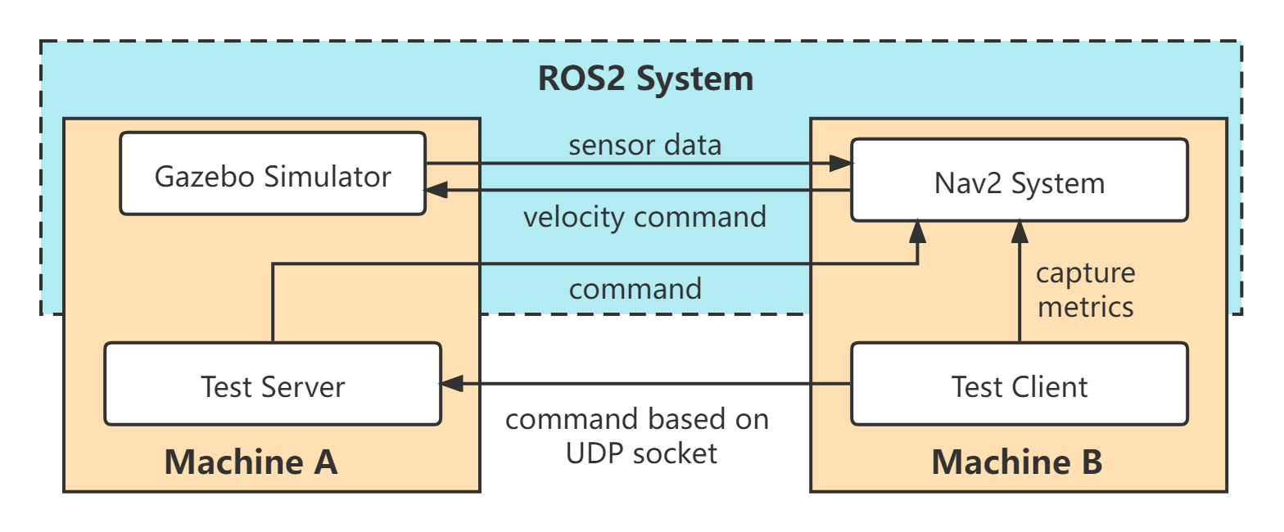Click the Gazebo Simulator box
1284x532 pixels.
(x=273, y=174)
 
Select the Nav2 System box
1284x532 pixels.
(x=1020, y=180)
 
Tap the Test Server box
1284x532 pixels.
(x=273, y=384)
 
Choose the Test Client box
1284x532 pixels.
(x=1020, y=384)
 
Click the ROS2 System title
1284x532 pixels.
(x=645, y=79)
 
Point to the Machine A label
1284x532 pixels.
(x=251, y=462)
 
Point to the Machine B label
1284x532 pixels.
(x=1017, y=462)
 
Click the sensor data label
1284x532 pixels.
(x=645, y=145)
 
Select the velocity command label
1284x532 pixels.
(x=645, y=217)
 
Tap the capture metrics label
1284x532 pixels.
(x=1086, y=290)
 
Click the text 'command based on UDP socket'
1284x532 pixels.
(x=637, y=435)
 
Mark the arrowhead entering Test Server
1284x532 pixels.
(x=452, y=384)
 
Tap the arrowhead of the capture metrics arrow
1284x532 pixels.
(x=1020, y=232)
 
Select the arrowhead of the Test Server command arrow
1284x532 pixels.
(x=918, y=232)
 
